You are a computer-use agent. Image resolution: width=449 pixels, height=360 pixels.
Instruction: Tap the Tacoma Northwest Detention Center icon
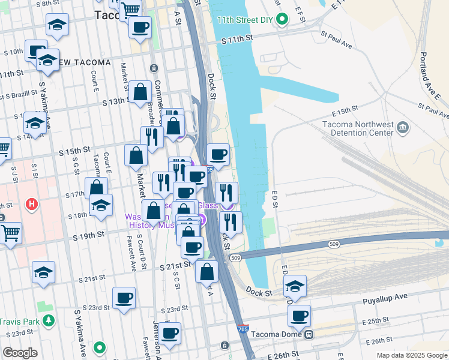[403, 128]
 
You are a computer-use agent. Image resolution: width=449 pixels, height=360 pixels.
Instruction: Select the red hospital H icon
[32, 204]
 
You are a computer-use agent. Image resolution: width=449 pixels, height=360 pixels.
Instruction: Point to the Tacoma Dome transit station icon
[309, 334]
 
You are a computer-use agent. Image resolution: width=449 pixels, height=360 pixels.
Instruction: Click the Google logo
[19, 353]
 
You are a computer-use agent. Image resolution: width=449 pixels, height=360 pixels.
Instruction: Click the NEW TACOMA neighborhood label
[84, 62]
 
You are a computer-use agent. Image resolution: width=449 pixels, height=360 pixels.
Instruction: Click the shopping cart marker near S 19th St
[11, 232]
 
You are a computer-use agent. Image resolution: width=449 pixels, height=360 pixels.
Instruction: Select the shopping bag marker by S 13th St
[140, 92]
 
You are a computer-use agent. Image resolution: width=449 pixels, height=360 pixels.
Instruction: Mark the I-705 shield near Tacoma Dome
[243, 329]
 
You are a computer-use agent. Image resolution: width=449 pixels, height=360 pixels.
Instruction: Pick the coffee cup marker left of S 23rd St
[124, 298]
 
